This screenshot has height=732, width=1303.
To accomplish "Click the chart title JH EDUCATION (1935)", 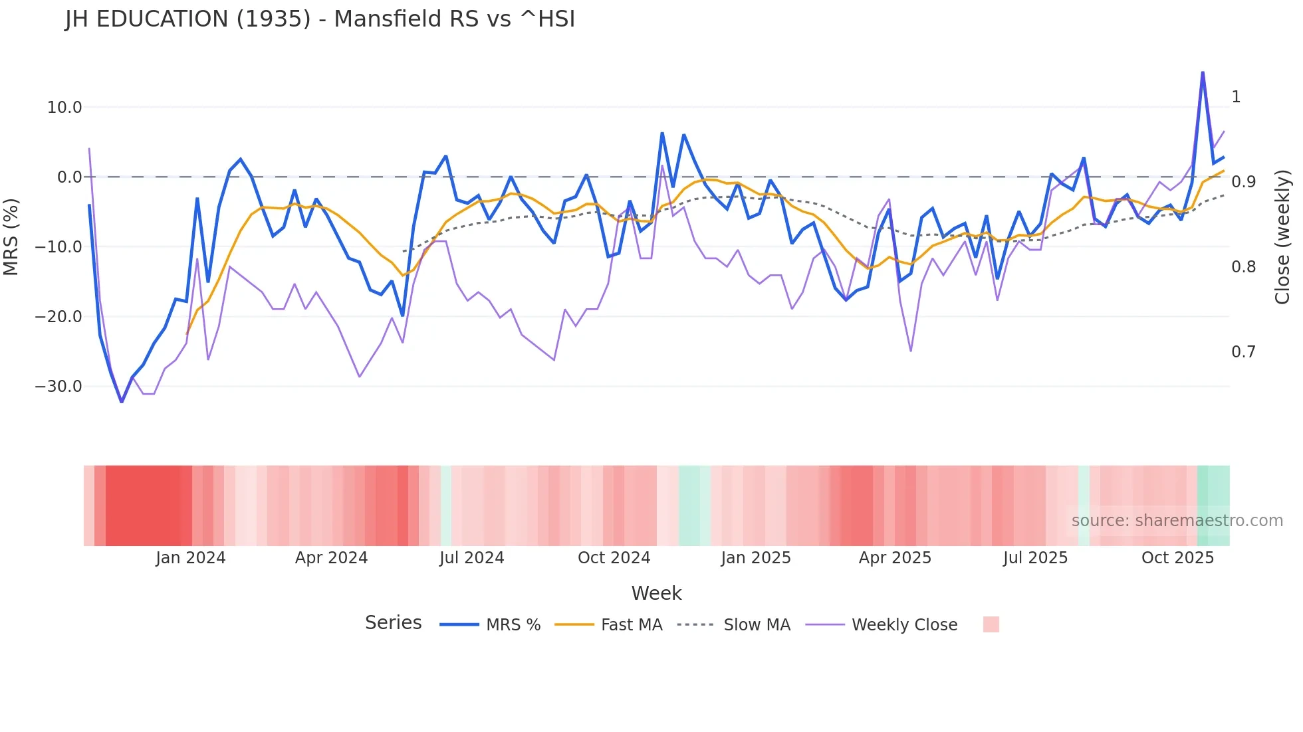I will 320,19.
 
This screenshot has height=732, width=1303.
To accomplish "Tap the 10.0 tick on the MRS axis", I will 64,108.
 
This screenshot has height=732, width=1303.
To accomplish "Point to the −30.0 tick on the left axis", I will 59,387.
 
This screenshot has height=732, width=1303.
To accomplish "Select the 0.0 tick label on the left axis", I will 69,177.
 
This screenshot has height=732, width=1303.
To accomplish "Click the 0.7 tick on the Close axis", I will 1243,352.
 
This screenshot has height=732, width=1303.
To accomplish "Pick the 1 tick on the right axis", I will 1236,97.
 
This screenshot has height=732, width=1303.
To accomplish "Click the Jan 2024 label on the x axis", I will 191,558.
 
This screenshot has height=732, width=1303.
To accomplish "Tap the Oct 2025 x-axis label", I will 1177,558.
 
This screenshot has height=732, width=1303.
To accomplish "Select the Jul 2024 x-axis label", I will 471,558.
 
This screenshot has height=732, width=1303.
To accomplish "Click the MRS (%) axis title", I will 11,236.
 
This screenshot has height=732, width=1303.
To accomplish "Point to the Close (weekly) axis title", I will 1282,237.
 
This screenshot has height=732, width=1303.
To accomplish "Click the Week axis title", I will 656,593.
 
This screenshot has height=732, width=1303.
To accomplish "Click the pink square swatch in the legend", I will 991,624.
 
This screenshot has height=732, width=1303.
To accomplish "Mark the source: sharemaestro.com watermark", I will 1177,521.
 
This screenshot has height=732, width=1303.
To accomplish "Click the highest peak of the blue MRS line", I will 1203,72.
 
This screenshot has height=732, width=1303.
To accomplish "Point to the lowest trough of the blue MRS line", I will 122,402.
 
